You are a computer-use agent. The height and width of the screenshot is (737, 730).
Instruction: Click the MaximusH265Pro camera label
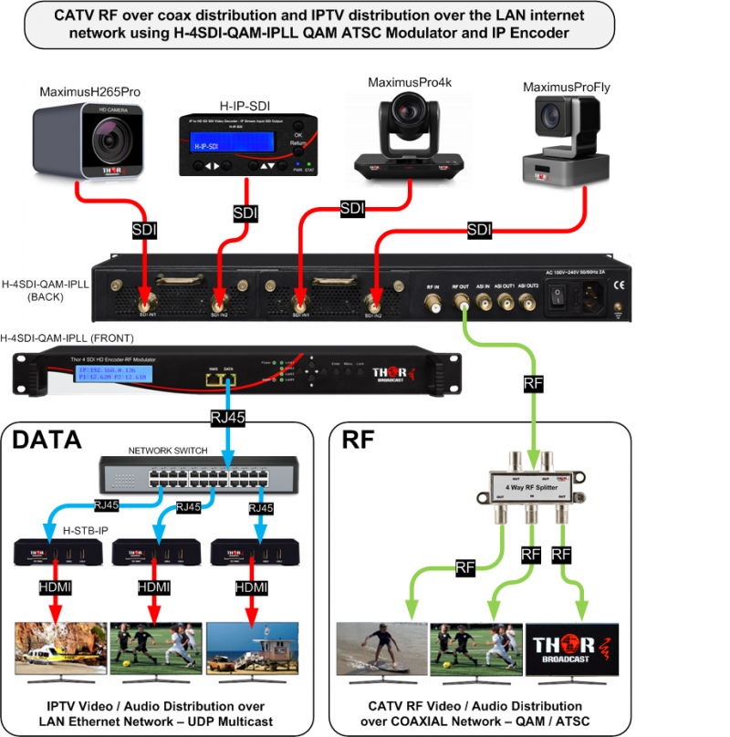tap(89, 92)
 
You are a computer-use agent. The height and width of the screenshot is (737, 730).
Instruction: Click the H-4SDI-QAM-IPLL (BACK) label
tap(46, 291)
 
